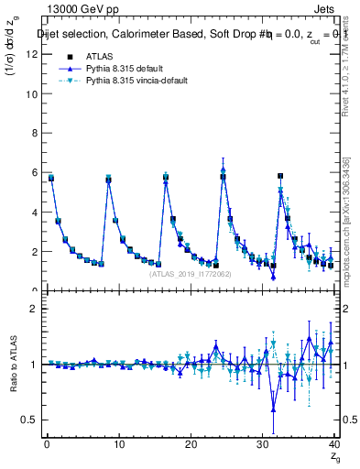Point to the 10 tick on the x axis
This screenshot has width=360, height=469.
tap(118, 445)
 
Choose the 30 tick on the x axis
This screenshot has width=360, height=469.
tap(263, 445)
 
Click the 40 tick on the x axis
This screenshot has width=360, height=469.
tap(334, 445)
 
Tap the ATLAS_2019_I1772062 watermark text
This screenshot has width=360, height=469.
tap(189, 273)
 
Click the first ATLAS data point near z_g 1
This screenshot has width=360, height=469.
tap(51, 178)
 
